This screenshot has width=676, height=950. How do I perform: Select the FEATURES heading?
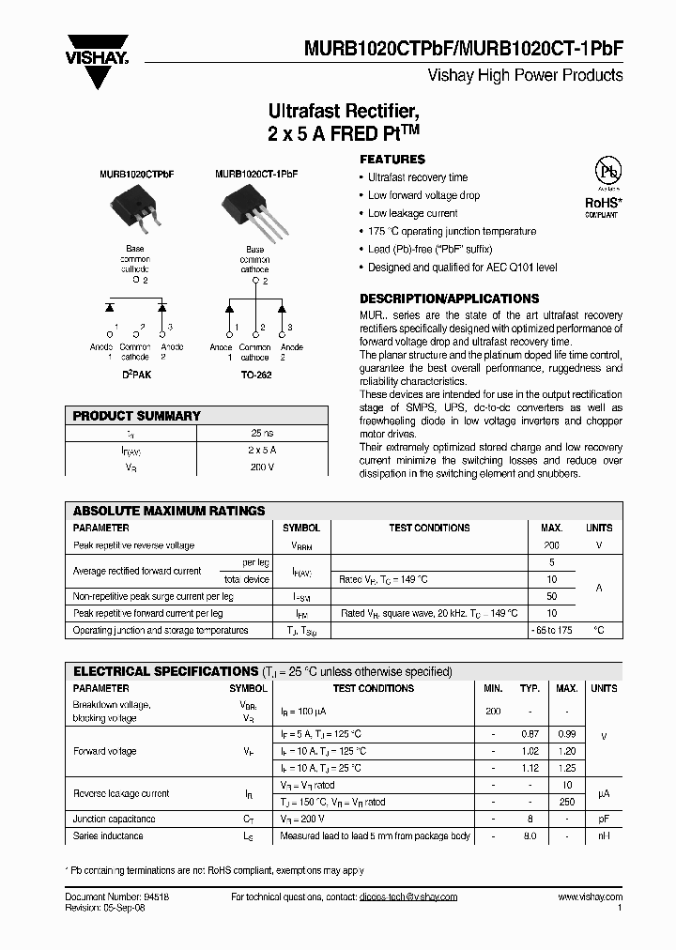click(392, 160)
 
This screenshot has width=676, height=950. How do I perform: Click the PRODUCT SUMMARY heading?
click(137, 416)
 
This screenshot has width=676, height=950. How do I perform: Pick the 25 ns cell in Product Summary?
click(262, 434)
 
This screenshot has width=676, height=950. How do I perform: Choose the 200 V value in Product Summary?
click(262, 467)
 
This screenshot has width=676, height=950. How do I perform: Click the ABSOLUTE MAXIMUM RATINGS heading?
click(169, 511)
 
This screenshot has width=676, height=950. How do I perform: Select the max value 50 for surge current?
click(551, 596)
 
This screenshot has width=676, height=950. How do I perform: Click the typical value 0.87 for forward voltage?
click(530, 733)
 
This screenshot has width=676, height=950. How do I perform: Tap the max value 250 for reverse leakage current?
click(566, 802)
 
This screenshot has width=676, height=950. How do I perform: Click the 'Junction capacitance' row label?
click(115, 819)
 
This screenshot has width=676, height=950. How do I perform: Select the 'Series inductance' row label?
click(108, 835)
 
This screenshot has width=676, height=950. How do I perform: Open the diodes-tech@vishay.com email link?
click(407, 896)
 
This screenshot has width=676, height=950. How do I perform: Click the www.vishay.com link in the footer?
click(590, 896)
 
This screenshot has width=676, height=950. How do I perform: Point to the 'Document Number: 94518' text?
click(117, 896)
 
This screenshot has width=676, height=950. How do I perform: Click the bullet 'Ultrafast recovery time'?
click(417, 177)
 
